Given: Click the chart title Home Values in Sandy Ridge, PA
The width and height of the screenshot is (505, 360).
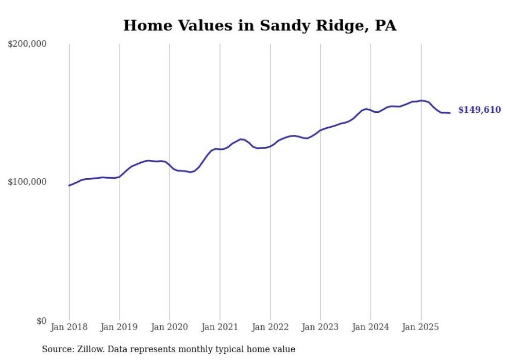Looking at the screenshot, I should (x=260, y=25).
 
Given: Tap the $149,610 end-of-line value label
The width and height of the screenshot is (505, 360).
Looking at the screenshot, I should (x=479, y=110).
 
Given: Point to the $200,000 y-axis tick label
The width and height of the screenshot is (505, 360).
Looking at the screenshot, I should (x=27, y=44).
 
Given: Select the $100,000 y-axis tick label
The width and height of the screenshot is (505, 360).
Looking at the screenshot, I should (x=27, y=182).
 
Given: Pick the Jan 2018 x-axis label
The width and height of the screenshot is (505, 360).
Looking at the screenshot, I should (x=69, y=327).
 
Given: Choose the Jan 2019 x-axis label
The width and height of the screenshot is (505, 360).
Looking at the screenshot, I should (x=120, y=327).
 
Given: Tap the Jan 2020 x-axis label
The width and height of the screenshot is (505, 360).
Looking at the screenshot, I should (x=170, y=327).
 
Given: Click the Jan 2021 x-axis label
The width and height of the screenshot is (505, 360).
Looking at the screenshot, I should (x=220, y=327).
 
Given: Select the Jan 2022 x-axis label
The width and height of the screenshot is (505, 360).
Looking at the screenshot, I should (x=270, y=327).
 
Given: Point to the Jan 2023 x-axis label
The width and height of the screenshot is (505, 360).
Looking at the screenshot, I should (x=320, y=327).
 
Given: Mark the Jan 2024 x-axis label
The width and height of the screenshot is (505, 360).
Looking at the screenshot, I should (x=371, y=327).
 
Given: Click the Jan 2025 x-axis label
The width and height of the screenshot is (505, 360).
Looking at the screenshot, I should (x=420, y=327).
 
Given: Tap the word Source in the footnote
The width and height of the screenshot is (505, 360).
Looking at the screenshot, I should (x=56, y=349).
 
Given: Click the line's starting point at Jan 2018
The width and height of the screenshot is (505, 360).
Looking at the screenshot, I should (x=69, y=185).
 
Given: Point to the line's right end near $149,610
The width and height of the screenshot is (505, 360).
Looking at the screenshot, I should (x=450, y=113).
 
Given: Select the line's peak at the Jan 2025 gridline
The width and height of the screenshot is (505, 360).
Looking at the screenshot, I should (x=421, y=100).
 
